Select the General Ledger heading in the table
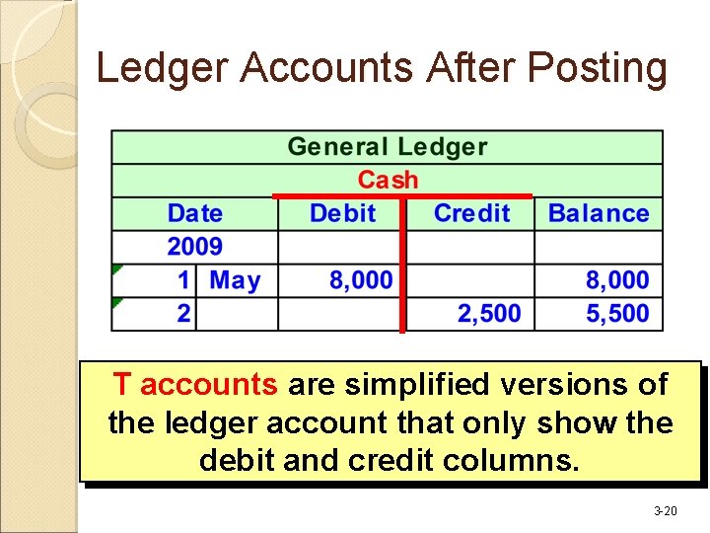(x=387, y=147)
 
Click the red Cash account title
(x=388, y=180)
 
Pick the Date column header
(x=194, y=213)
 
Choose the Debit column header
(x=342, y=213)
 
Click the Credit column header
(x=471, y=213)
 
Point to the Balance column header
(x=598, y=213)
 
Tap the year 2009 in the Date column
(x=194, y=247)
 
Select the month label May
(x=235, y=280)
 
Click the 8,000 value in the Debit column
(x=360, y=280)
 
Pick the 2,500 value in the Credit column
(x=489, y=314)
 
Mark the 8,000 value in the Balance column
(x=617, y=280)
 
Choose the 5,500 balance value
(x=617, y=314)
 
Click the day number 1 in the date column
(x=183, y=280)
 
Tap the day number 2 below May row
(x=183, y=314)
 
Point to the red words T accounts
(x=193, y=384)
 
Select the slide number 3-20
(x=666, y=511)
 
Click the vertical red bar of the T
(x=402, y=266)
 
